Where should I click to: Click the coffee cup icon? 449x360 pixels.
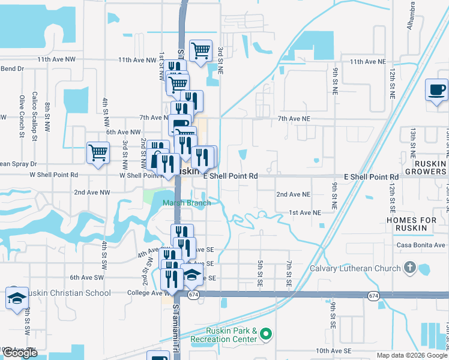(x=436, y=91)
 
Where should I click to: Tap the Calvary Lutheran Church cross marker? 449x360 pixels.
(x=410, y=268)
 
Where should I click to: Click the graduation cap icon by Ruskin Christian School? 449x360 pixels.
(x=16, y=298)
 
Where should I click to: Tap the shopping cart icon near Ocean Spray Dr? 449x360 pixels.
(x=98, y=152)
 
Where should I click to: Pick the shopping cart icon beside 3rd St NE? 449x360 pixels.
(x=200, y=50)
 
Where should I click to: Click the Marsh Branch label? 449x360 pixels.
(x=187, y=203)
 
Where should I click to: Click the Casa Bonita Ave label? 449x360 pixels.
(x=421, y=245)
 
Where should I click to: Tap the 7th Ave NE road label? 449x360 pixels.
(x=298, y=119)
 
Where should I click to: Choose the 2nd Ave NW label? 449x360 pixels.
(x=92, y=193)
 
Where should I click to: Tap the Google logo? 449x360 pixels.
(x=20, y=353)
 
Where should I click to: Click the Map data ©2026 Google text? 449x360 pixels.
(x=412, y=355)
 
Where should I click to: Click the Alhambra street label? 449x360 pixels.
(x=413, y=18)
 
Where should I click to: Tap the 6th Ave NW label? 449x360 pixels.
(x=123, y=132)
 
